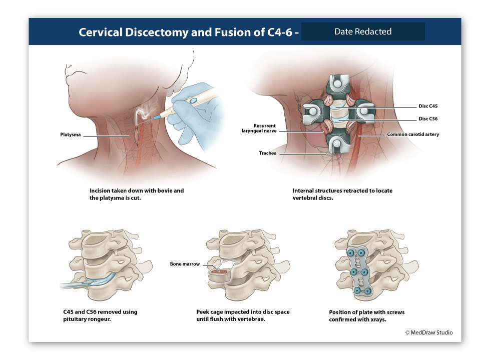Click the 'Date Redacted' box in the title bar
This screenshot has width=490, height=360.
(x=363, y=31)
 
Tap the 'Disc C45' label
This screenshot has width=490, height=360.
(x=428, y=106)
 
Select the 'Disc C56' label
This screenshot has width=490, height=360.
(x=428, y=118)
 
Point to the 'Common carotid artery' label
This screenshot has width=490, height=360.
(x=412, y=134)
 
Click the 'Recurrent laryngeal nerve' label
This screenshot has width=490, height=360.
(x=258, y=128)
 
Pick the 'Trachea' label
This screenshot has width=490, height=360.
(x=267, y=153)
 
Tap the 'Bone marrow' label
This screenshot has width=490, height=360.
(x=185, y=264)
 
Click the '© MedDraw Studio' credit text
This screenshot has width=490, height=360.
(x=428, y=332)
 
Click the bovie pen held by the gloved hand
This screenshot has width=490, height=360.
(x=178, y=106)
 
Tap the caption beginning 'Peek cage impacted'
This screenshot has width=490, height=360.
(x=243, y=315)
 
